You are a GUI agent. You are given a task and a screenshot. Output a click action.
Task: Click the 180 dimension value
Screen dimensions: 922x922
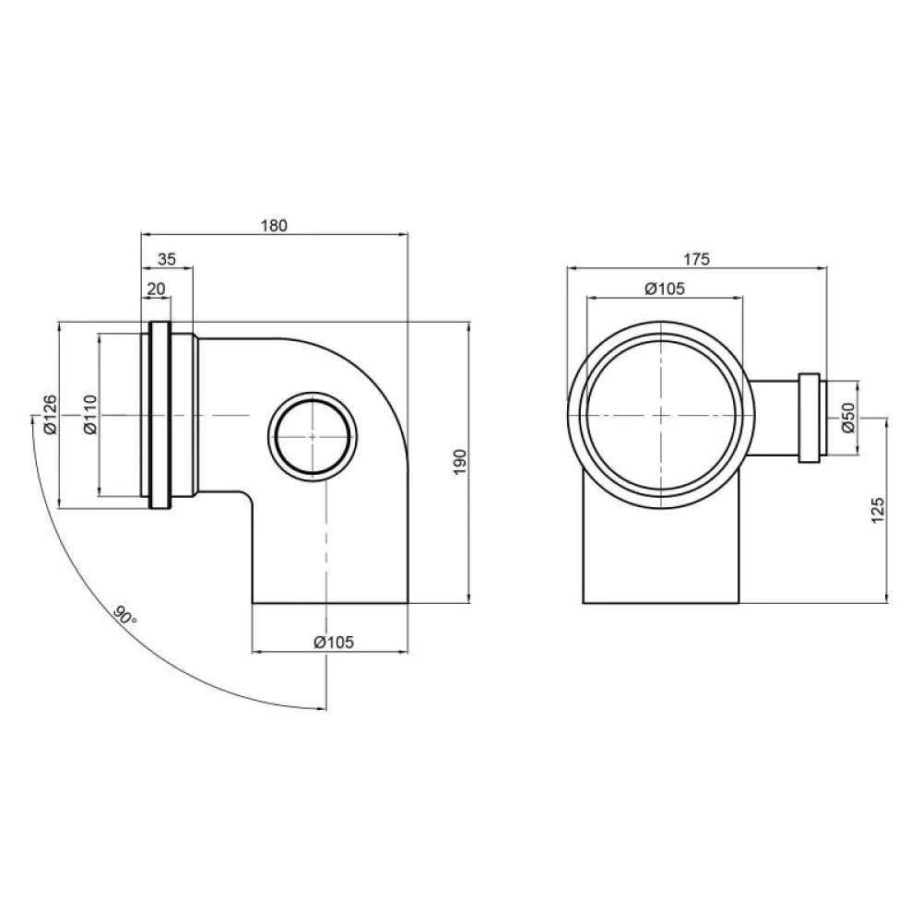pyautogui.click(x=274, y=225)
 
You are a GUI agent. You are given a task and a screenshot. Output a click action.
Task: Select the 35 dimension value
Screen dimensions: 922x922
pyautogui.click(x=167, y=259)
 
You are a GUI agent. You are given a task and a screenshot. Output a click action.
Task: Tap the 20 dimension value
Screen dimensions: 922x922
pyautogui.click(x=157, y=289)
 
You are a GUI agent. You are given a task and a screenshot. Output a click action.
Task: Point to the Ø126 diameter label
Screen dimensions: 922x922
pyautogui.click(x=51, y=415)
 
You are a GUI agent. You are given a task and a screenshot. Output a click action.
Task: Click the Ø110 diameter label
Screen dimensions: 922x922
pyautogui.click(x=90, y=415)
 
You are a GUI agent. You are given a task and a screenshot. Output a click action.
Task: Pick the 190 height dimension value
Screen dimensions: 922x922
pyautogui.click(x=460, y=462)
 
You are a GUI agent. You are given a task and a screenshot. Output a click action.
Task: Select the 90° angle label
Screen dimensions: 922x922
pyautogui.click(x=124, y=615)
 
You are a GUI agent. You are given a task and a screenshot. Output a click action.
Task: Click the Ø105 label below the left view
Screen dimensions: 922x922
pyautogui.click(x=334, y=642)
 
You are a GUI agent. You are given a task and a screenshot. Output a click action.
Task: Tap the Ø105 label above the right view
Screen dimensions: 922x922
pyautogui.click(x=665, y=289)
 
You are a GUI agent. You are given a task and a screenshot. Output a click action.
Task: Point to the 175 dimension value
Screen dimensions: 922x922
pyautogui.click(x=697, y=259)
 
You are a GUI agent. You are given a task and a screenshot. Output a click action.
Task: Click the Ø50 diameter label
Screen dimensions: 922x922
pyautogui.click(x=848, y=418)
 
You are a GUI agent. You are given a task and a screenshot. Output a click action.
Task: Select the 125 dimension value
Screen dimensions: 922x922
pyautogui.click(x=878, y=511)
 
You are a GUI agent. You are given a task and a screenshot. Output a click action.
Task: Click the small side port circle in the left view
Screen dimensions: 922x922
pyautogui.click(x=313, y=436)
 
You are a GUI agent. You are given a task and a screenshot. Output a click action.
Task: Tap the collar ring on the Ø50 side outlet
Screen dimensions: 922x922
pyautogui.click(x=810, y=418)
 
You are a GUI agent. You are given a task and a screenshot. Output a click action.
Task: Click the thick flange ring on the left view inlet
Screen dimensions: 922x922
pyautogui.click(x=160, y=415)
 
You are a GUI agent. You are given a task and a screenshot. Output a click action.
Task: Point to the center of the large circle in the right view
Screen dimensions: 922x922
pyautogui.click(x=662, y=415)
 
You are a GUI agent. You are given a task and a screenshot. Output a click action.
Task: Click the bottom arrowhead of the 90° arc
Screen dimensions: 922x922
pyautogui.click(x=321, y=708)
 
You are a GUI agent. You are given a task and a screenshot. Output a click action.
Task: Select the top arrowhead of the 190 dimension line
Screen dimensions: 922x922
pyautogui.click(x=468, y=327)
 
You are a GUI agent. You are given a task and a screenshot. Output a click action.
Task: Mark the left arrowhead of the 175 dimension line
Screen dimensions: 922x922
pyautogui.click(x=573, y=268)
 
